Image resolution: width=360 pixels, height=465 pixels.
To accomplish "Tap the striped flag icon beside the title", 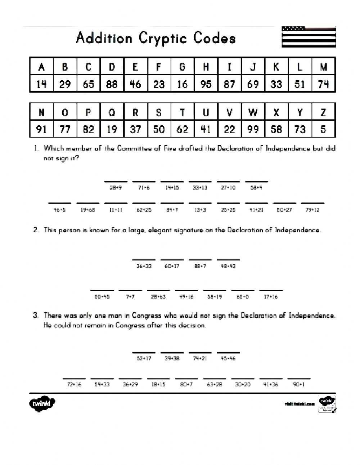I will coord(309,37).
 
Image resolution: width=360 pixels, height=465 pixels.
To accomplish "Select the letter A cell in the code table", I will coord(41,67).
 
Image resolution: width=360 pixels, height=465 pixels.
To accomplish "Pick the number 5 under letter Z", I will coord(323,129).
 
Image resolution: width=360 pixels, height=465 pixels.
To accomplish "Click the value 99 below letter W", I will coord(253,129).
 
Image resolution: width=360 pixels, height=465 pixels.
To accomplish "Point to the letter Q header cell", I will coord(112,112).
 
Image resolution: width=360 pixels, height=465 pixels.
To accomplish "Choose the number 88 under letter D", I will coord(112,84).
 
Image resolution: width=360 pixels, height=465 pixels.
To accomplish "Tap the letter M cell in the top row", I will coord(323,67).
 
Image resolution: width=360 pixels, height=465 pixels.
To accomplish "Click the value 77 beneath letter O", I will coord(65,129).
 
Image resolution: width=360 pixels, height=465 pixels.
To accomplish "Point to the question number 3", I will coord(36,315).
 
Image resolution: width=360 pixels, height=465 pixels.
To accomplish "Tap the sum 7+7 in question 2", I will coord(130,297).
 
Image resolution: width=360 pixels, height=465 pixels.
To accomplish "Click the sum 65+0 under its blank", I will coord(243,297).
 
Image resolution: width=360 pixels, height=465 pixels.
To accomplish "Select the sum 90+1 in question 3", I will coord(299,384).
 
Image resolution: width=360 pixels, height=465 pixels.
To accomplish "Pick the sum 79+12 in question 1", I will coord(312,210).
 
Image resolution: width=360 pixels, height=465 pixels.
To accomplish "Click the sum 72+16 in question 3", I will coord(74,384).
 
